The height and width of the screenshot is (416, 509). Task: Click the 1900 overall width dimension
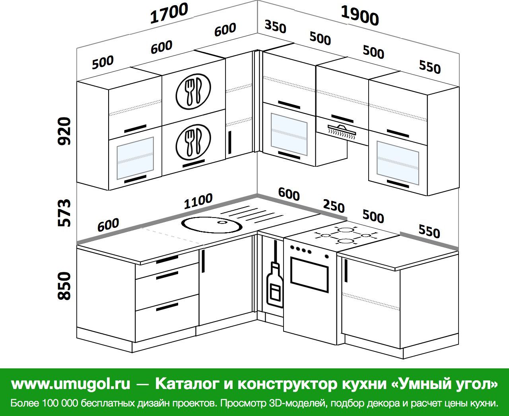tap(360, 17)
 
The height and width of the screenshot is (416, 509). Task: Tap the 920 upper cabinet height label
tap(64, 131)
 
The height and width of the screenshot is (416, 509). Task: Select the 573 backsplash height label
tap(64, 213)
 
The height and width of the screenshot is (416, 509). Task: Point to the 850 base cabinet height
tap(64, 286)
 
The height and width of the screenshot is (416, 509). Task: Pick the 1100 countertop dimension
tap(198, 202)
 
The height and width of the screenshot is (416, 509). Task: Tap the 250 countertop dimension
tap(333, 206)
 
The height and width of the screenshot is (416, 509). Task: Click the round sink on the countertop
tap(212, 225)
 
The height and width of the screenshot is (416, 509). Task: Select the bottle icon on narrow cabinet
tap(275, 284)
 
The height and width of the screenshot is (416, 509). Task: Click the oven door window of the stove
tap(310, 274)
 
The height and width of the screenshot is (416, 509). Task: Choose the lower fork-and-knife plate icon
tap(193, 141)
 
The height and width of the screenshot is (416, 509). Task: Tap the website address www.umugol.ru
tap(71, 384)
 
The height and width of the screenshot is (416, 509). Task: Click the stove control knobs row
tap(301, 250)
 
